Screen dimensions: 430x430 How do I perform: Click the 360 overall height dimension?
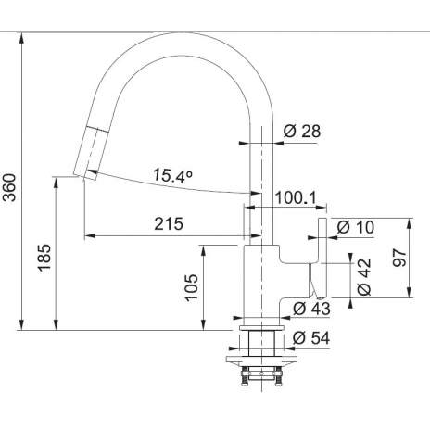pos(9,187)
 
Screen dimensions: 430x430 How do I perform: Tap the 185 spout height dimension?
pos(44,258)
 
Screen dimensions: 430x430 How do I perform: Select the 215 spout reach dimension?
pos(169,224)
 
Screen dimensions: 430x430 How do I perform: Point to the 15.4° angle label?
pos(173,175)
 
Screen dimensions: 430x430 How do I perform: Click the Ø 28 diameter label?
pos(302,131)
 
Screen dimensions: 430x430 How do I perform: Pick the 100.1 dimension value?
pos(296,197)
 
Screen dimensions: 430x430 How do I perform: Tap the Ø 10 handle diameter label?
pos(356,227)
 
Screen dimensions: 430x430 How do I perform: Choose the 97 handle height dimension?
pos(399,258)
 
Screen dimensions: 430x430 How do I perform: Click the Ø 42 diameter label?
pos(364,277)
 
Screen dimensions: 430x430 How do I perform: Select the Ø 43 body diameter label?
pos(311,309)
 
